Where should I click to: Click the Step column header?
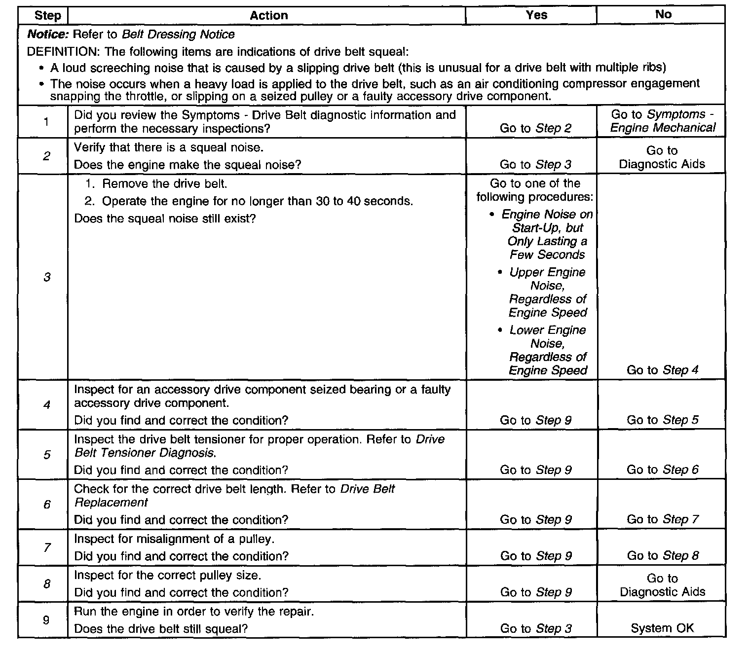click(x=47, y=15)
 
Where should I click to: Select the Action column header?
click(x=268, y=15)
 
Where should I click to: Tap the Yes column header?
click(x=536, y=15)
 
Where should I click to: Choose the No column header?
click(x=663, y=14)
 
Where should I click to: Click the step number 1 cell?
click(x=46, y=121)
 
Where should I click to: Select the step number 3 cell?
click(x=47, y=277)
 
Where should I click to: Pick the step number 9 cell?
click(x=46, y=620)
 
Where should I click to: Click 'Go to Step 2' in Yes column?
click(x=535, y=128)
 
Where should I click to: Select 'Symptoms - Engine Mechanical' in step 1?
click(x=663, y=121)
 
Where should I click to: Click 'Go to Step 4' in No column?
click(x=663, y=370)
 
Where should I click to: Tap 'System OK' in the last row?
click(x=662, y=628)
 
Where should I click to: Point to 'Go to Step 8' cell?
click(x=663, y=556)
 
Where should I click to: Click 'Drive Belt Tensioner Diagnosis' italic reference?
click(x=260, y=446)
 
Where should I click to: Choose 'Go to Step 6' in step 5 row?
click(x=663, y=470)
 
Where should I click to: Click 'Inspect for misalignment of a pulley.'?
click(x=174, y=539)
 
